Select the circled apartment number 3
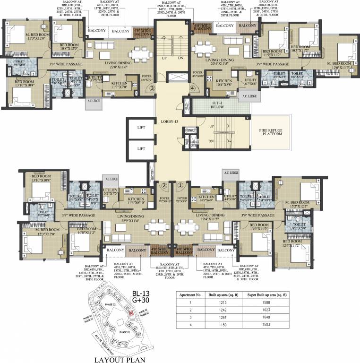(x=152, y=88)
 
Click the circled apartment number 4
(x=192, y=88)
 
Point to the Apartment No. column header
(x=190, y=294)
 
